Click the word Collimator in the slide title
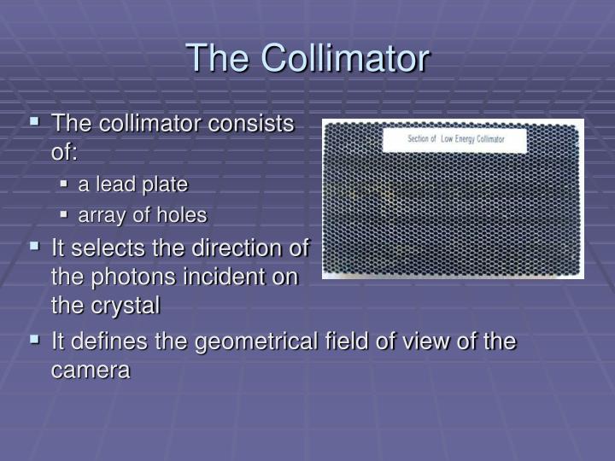[345, 58]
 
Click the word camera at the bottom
[91, 371]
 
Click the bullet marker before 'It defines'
[35, 340]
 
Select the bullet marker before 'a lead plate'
[66, 184]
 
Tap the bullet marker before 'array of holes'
[66, 215]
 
